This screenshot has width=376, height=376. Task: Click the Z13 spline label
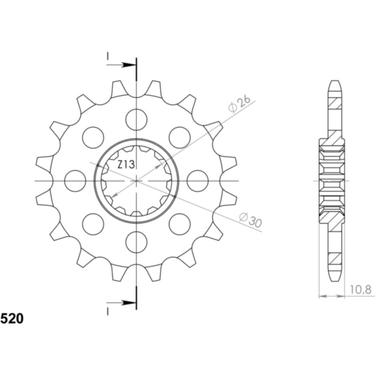click(125, 165)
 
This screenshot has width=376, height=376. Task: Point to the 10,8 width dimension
click(360, 289)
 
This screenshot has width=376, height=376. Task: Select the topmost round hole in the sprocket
click(136, 119)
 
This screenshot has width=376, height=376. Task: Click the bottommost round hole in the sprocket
click(136, 241)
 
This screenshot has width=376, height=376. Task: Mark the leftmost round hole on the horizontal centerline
click(75, 180)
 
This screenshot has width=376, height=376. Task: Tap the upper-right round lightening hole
click(179, 137)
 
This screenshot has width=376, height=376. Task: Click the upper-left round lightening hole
click(93, 137)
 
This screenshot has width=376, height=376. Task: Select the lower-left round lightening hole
click(93, 223)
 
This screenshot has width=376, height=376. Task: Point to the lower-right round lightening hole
click(179, 223)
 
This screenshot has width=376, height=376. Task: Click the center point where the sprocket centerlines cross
click(136, 180)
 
